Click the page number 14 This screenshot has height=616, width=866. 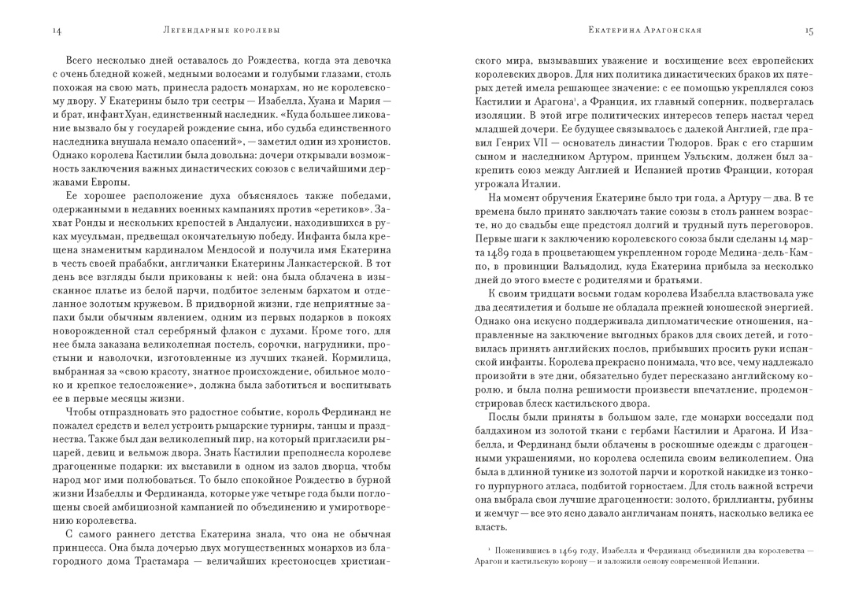tap(57, 31)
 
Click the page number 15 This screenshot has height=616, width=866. tap(809, 31)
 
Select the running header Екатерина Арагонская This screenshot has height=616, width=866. tap(645, 31)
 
